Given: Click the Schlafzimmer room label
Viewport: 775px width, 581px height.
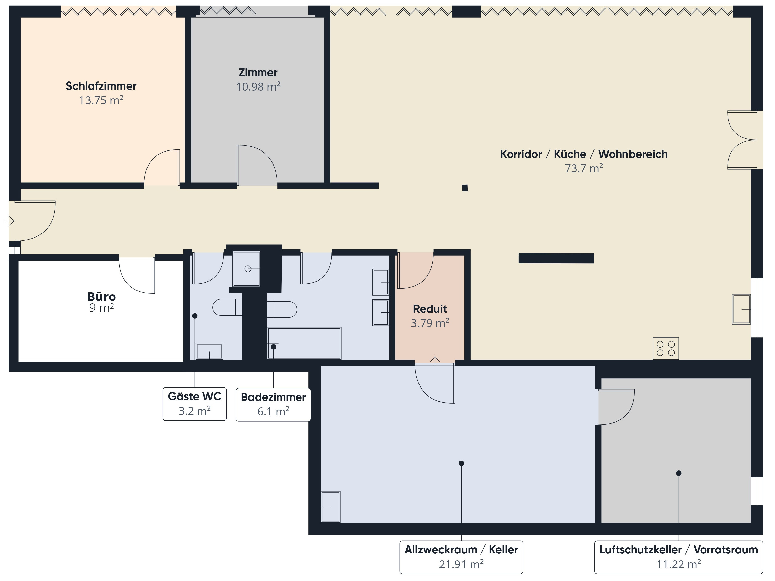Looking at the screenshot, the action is pyautogui.click(x=101, y=86).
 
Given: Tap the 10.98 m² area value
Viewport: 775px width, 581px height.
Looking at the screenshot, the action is pyautogui.click(x=258, y=87).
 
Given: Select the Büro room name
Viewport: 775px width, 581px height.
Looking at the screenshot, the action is pyautogui.click(x=102, y=297).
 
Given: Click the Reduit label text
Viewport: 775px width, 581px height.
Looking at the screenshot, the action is pyautogui.click(x=430, y=309).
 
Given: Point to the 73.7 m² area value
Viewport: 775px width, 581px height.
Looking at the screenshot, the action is pyautogui.click(x=584, y=168).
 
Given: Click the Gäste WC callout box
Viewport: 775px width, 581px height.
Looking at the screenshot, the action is pyautogui.click(x=195, y=404).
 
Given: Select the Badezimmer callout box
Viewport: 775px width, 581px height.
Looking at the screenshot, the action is pyautogui.click(x=273, y=404).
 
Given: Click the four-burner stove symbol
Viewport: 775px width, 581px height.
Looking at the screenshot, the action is pyautogui.click(x=666, y=349).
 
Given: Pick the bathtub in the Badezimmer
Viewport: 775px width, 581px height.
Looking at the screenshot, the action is pyautogui.click(x=304, y=343).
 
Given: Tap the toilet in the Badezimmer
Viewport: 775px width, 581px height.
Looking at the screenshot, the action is pyautogui.click(x=282, y=309).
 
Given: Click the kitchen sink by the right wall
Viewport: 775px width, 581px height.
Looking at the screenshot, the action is pyautogui.click(x=741, y=309).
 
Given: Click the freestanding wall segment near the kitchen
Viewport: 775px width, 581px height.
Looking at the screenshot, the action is pyautogui.click(x=556, y=258).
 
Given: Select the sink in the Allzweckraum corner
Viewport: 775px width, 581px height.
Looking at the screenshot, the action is pyautogui.click(x=330, y=506).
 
